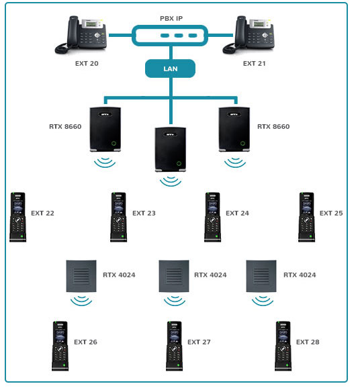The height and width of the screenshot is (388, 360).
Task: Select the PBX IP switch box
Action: tap(171, 36)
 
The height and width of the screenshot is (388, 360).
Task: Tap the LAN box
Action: tap(170, 68)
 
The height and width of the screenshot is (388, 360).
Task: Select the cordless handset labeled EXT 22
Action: tap(17, 217)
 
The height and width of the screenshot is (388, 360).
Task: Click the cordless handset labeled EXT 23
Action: tap(119, 217)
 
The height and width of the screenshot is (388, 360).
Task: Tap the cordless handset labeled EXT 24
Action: tap(213, 217)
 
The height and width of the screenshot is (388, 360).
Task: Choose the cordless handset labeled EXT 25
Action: tap(307, 217)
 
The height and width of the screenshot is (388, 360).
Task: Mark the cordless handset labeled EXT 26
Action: tap(60, 346)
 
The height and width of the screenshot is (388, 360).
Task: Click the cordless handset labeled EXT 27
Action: tap(175, 346)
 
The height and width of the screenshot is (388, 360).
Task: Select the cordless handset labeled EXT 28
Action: tap(283, 346)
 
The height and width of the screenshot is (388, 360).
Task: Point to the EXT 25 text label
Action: tap(331, 213)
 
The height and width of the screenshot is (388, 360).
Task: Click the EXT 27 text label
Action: tap(199, 342)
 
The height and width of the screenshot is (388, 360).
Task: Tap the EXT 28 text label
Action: tap(308, 342)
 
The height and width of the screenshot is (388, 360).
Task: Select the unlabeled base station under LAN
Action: tap(169, 149)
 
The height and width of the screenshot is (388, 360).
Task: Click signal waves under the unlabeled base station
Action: tap(169, 180)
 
